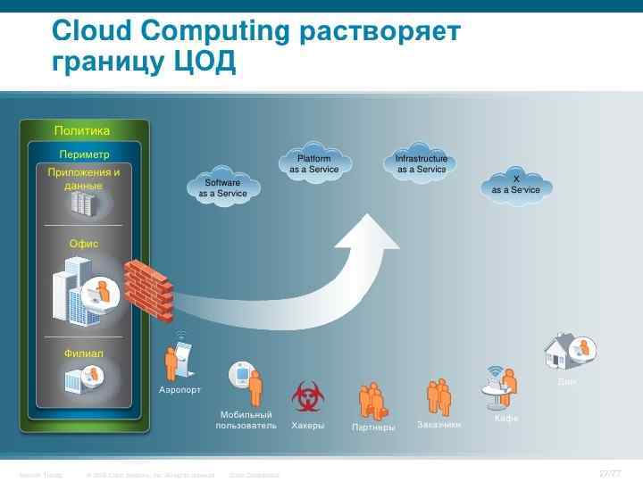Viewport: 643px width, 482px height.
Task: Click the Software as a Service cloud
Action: click(222, 187)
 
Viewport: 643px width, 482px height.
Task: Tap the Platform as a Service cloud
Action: click(313, 163)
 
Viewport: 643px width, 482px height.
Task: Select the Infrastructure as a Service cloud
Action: click(421, 163)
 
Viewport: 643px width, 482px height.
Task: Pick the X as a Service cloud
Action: click(515, 184)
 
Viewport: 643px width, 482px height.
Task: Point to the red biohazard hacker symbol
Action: click(307, 396)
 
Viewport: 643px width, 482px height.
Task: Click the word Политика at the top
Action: click(82, 131)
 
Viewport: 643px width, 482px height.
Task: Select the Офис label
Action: click(84, 244)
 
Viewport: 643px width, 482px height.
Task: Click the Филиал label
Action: click(84, 353)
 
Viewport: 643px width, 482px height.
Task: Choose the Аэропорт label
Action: click(180, 390)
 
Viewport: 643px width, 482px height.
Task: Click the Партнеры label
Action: click(373, 428)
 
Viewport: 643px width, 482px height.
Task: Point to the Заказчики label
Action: click(439, 425)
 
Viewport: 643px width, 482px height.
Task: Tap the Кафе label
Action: click(506, 419)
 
